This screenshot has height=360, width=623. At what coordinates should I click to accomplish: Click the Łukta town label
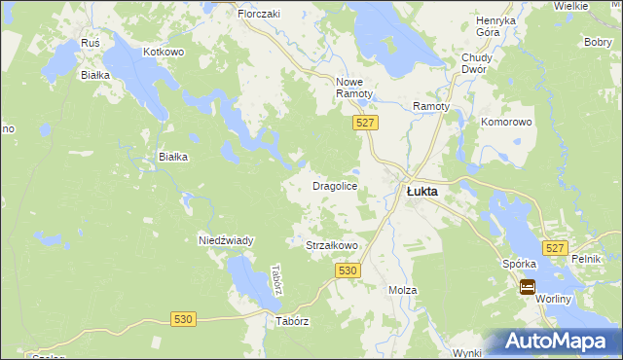point(421,192)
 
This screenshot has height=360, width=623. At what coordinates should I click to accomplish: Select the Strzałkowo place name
point(332,246)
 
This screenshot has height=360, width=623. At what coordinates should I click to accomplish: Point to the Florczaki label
point(259,15)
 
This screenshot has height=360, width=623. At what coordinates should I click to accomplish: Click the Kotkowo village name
point(163,51)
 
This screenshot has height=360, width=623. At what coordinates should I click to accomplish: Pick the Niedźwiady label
point(226,240)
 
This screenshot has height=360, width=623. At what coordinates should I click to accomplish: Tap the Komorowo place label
point(506,123)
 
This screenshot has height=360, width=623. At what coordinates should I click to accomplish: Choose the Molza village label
point(402,291)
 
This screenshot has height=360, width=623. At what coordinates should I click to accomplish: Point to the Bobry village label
point(597,43)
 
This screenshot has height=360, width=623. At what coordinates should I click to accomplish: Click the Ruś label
point(92,44)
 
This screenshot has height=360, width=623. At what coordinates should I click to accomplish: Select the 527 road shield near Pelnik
point(555,248)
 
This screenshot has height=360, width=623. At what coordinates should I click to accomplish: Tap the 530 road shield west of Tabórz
point(184,318)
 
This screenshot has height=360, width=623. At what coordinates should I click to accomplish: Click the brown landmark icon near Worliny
point(527,286)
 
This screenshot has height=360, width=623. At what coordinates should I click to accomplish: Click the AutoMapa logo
point(561,341)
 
